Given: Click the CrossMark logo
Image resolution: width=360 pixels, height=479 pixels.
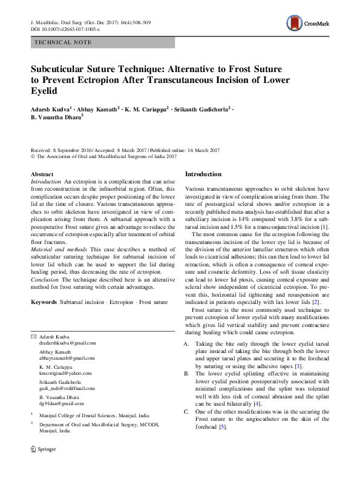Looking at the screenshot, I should click(x=308, y=24).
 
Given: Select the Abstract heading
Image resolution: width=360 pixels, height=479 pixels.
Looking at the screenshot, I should click(x=42, y=174).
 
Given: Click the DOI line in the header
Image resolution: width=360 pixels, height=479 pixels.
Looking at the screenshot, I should click(x=65, y=29).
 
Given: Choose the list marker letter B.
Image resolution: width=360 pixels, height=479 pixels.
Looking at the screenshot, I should click(x=187, y=374).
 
